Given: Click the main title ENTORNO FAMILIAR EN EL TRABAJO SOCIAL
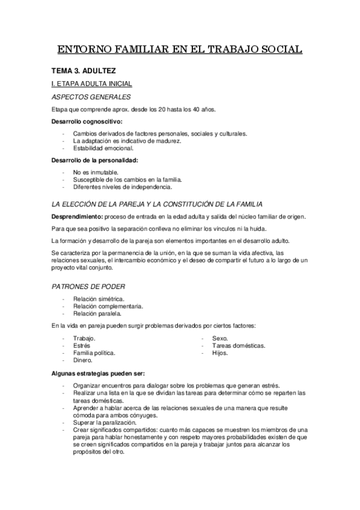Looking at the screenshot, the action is pos(180,49).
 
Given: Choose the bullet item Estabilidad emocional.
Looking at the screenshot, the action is pos(103,148).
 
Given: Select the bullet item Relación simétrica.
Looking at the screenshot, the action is pos(99,299).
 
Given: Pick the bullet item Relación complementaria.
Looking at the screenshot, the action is pos(108,306).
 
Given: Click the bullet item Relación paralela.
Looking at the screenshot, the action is pos(97,313).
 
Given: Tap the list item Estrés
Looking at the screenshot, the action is pos(82,346).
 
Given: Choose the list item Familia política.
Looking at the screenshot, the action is pos(94,353).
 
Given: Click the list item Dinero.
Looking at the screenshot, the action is pos(83,360).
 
